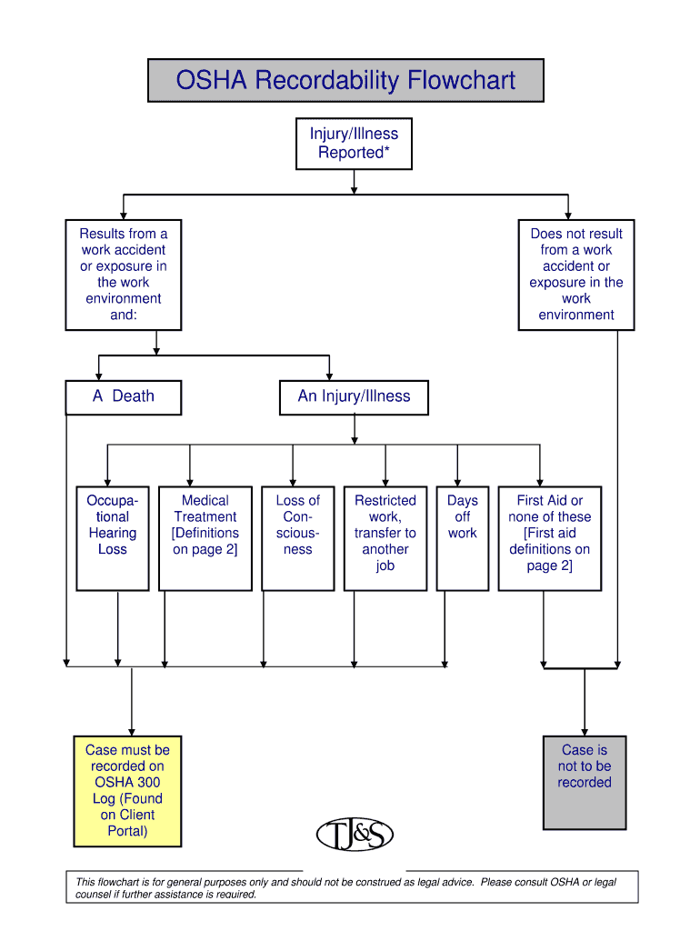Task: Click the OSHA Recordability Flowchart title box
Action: click(345, 81)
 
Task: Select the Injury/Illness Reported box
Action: click(354, 144)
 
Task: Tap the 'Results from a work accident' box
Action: click(124, 275)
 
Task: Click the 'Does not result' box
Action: click(576, 275)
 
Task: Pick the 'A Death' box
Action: click(124, 397)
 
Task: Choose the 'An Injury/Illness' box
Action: click(355, 397)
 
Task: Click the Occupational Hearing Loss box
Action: click(113, 538)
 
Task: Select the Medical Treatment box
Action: click(205, 538)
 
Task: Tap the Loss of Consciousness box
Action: click(297, 538)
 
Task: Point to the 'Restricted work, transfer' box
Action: click(385, 538)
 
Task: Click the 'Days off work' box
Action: click(462, 538)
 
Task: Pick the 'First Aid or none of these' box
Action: click(549, 538)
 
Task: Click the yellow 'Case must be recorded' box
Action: click(127, 791)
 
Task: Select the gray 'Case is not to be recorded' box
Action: click(585, 782)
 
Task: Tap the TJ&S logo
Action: click(355, 835)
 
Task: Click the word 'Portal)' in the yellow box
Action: click(127, 831)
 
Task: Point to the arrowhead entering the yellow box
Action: click(132, 731)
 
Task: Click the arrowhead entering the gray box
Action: click(585, 731)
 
